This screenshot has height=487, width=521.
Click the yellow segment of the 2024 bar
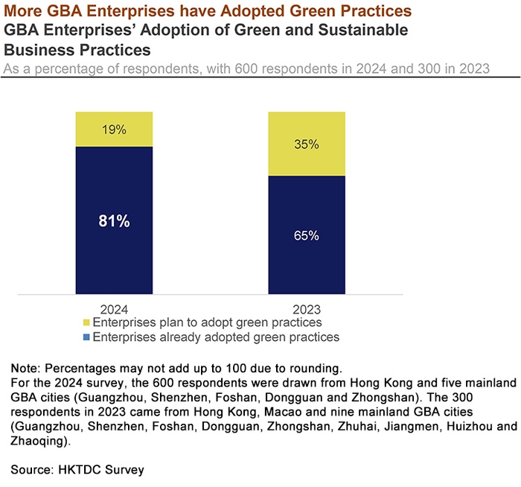point(114,138)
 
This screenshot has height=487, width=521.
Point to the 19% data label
point(114,130)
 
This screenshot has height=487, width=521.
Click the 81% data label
point(114,221)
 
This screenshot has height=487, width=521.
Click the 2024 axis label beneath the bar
point(114,308)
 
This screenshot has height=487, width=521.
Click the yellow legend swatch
point(86,323)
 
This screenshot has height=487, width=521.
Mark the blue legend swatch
point(86,337)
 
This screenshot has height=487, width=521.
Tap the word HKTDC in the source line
point(77,470)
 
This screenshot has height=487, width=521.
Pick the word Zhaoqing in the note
point(37,440)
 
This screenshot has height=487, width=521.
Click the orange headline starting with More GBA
point(210,11)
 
